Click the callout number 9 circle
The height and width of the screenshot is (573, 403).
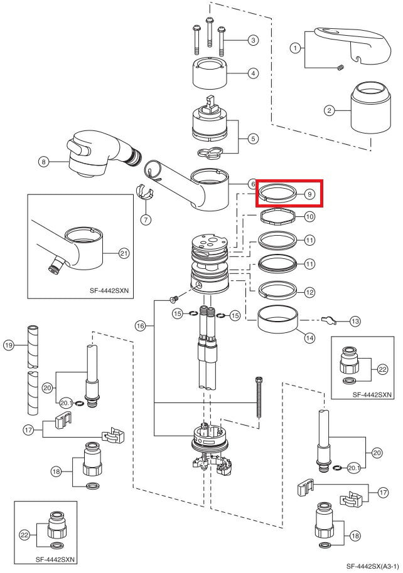point(309,194)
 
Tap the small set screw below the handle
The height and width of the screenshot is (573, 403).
point(340,68)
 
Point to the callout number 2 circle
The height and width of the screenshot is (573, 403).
point(328,111)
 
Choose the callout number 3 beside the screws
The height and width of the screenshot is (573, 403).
point(253,41)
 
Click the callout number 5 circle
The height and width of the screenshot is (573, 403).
point(253,139)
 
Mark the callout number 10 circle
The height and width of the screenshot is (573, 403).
point(309,216)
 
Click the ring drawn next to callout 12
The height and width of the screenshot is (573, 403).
point(277,289)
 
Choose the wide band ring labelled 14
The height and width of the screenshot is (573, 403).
point(278,324)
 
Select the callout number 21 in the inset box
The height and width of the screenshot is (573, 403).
point(124,253)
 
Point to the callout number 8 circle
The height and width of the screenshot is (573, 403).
point(43,162)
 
